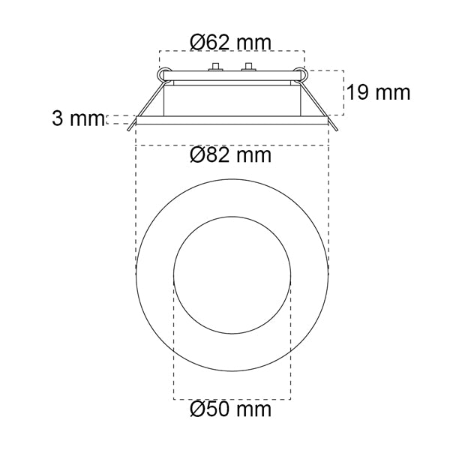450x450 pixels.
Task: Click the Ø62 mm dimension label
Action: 230,43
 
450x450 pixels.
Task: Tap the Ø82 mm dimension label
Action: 230,155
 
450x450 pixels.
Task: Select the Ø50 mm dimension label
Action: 230,409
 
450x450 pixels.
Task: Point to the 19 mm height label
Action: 378,92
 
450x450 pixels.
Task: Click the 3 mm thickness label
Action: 78,118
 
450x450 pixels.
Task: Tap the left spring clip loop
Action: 164,75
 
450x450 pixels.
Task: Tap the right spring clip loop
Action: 301,75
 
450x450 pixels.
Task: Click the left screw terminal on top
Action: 216,67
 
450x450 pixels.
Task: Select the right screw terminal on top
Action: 249,67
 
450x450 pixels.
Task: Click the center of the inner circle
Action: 232,275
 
